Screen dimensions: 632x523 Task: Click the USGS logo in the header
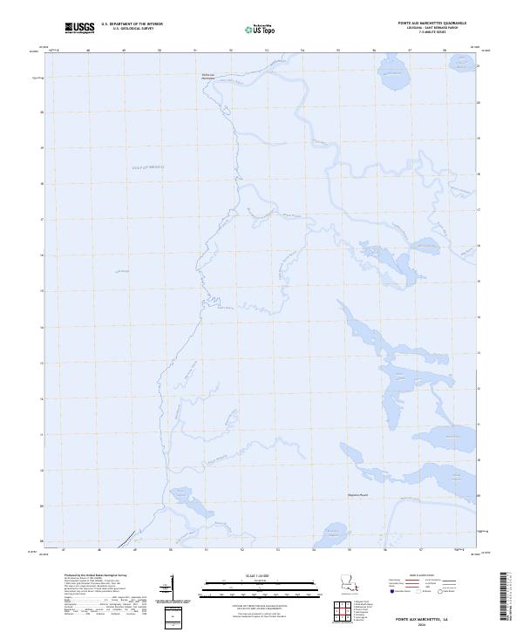tap(80, 28)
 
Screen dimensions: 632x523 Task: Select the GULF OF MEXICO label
tap(147, 166)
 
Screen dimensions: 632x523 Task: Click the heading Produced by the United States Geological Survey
tap(97, 575)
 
